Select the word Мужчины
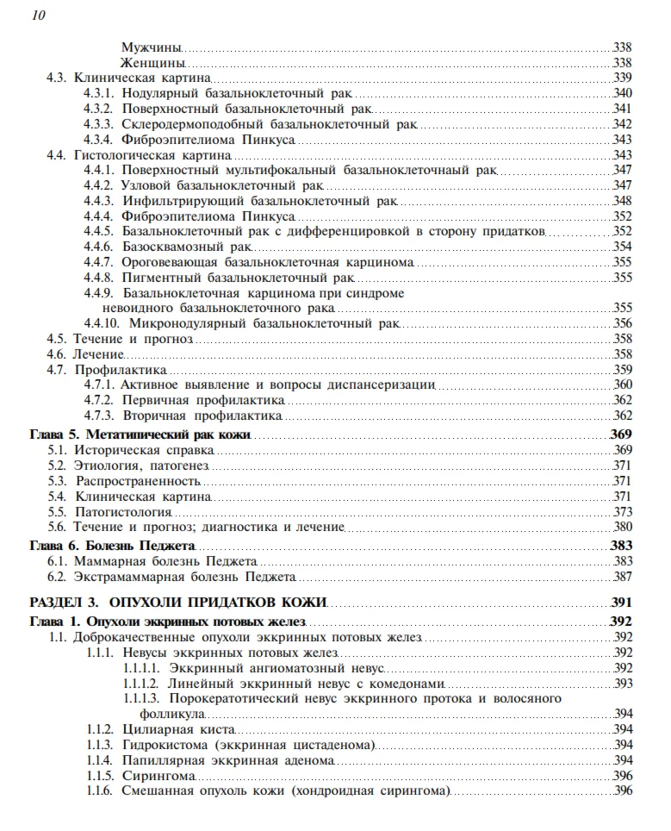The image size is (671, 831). tap(152, 47)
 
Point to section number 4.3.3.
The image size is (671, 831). tap(98, 124)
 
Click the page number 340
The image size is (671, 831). tap(622, 93)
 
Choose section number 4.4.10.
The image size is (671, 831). tap(102, 323)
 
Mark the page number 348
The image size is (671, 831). tap(622, 201)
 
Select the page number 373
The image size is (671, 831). tap(622, 512)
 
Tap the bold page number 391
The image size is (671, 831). tap(621, 602)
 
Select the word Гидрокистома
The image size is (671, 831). tap(165, 745)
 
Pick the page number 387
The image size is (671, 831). tap(622, 577)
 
